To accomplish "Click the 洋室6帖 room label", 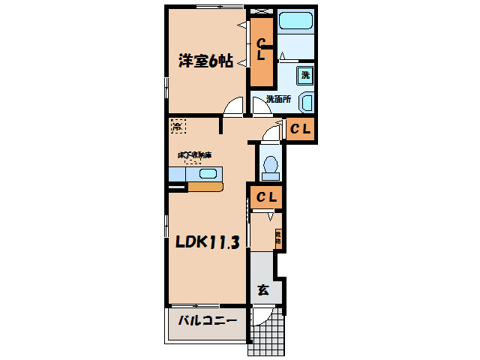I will click(205, 61).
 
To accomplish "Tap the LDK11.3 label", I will click(208, 242).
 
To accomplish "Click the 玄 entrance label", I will click(263, 290).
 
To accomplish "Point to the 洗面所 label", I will click(278, 99).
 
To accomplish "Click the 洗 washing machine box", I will click(304, 75).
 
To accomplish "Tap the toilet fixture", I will click(269, 166).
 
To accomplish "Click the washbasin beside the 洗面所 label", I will click(307, 103).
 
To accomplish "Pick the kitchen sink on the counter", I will click(207, 174).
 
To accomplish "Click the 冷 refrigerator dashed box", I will click(177, 127).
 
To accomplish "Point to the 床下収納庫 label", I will click(195, 155).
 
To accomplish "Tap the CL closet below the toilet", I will click(266, 198).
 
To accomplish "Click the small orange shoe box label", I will click(277, 238).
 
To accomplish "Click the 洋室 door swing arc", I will click(234, 108).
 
